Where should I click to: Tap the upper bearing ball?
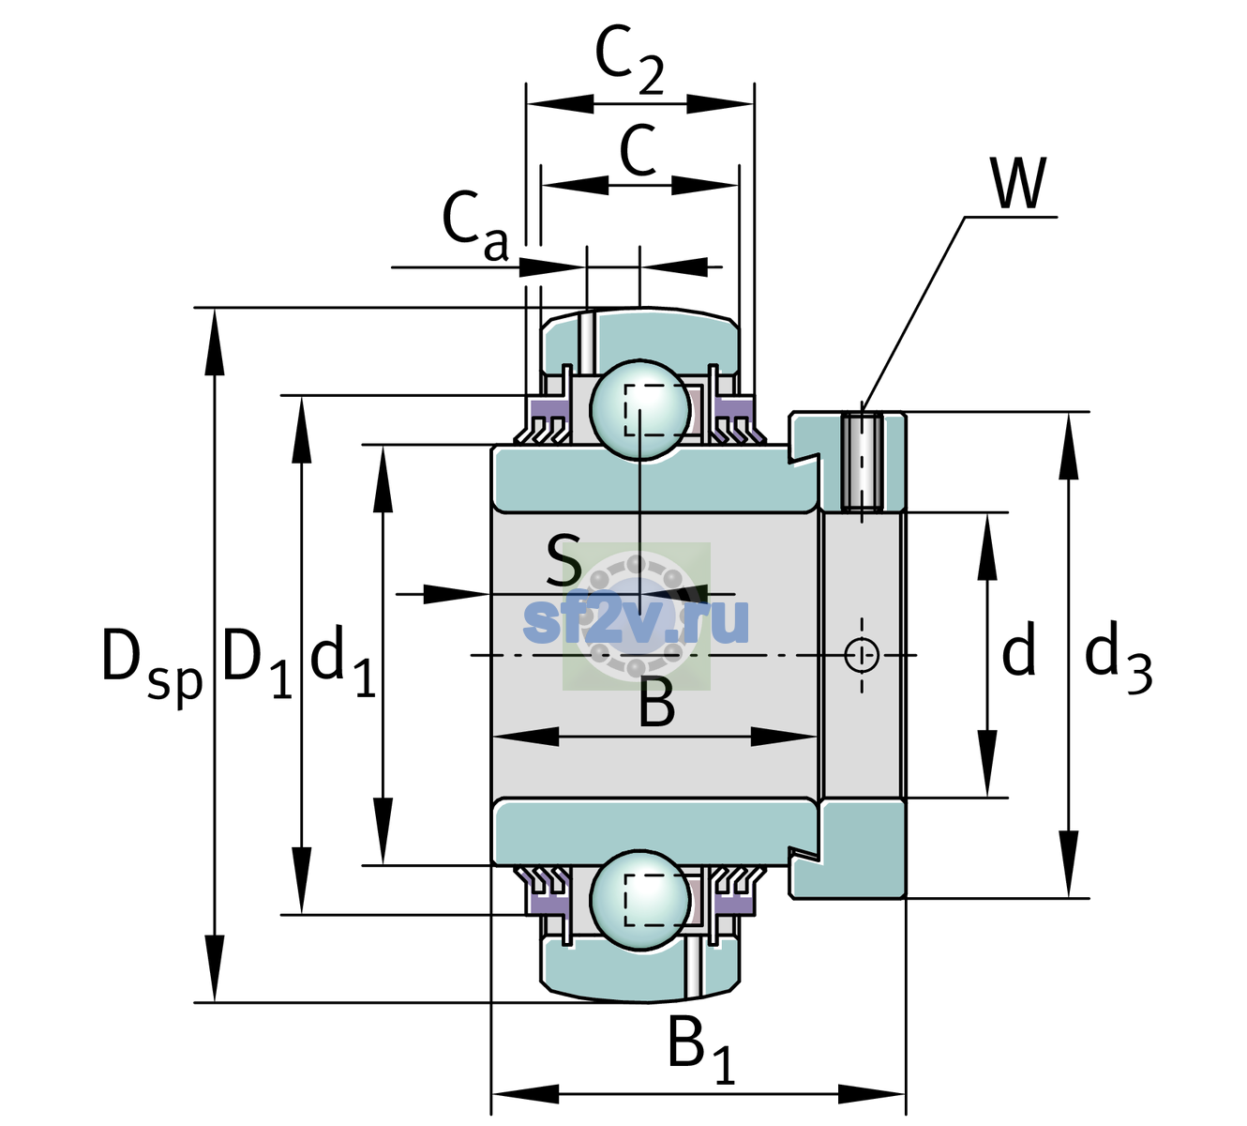click(639, 409)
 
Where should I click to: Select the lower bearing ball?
click(639, 899)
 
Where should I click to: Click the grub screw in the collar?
click(862, 462)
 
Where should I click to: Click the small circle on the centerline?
click(862, 654)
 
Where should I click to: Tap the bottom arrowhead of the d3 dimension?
click(1068, 864)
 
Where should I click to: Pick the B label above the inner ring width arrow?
click(657, 704)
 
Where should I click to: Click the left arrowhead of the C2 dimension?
click(560, 104)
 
